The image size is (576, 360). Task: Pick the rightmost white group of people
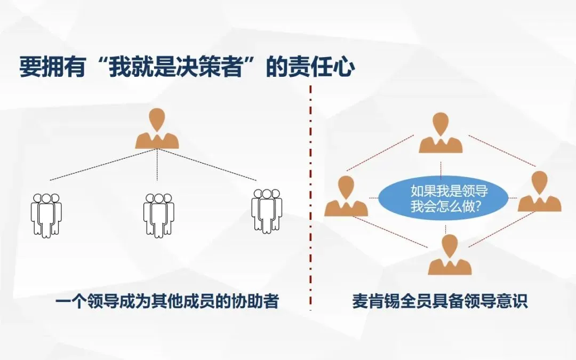point(267,210)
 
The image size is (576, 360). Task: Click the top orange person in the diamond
point(441,133)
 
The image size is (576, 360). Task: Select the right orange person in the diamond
point(539,192)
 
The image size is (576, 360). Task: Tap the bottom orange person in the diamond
point(450,255)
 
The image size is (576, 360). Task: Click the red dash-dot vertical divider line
point(310,213)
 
